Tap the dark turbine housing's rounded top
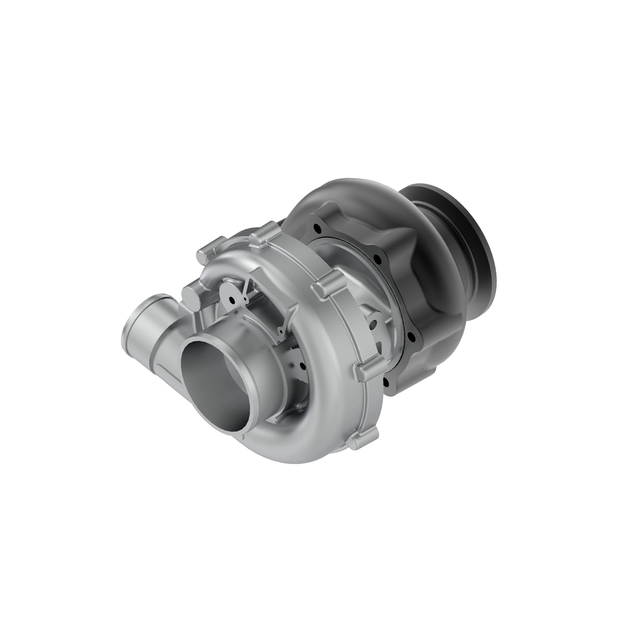357,192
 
